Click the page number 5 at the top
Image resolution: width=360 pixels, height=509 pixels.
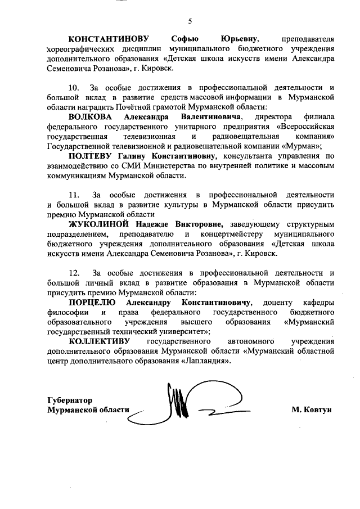[190, 21]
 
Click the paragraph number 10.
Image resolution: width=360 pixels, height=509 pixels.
[74, 88]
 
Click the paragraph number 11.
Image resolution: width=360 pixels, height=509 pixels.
[74, 195]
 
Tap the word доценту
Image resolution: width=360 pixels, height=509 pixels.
[278, 302]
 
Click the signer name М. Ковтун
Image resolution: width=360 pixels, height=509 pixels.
[311, 409]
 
